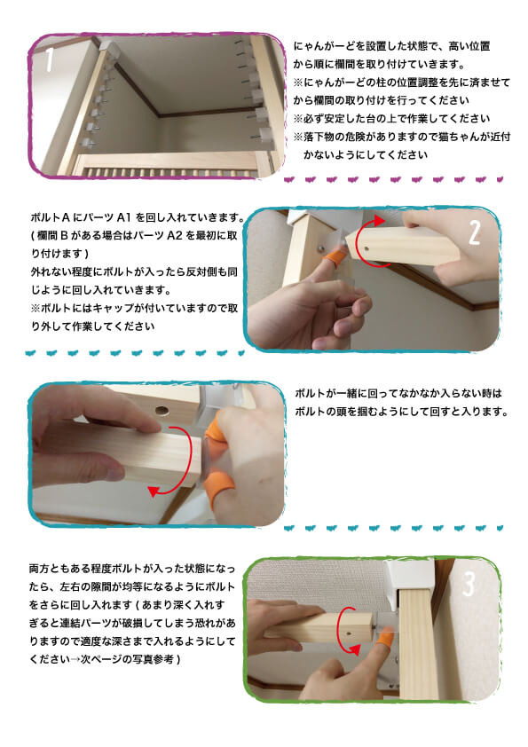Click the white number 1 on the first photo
(51, 62)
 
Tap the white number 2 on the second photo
(474, 232)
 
